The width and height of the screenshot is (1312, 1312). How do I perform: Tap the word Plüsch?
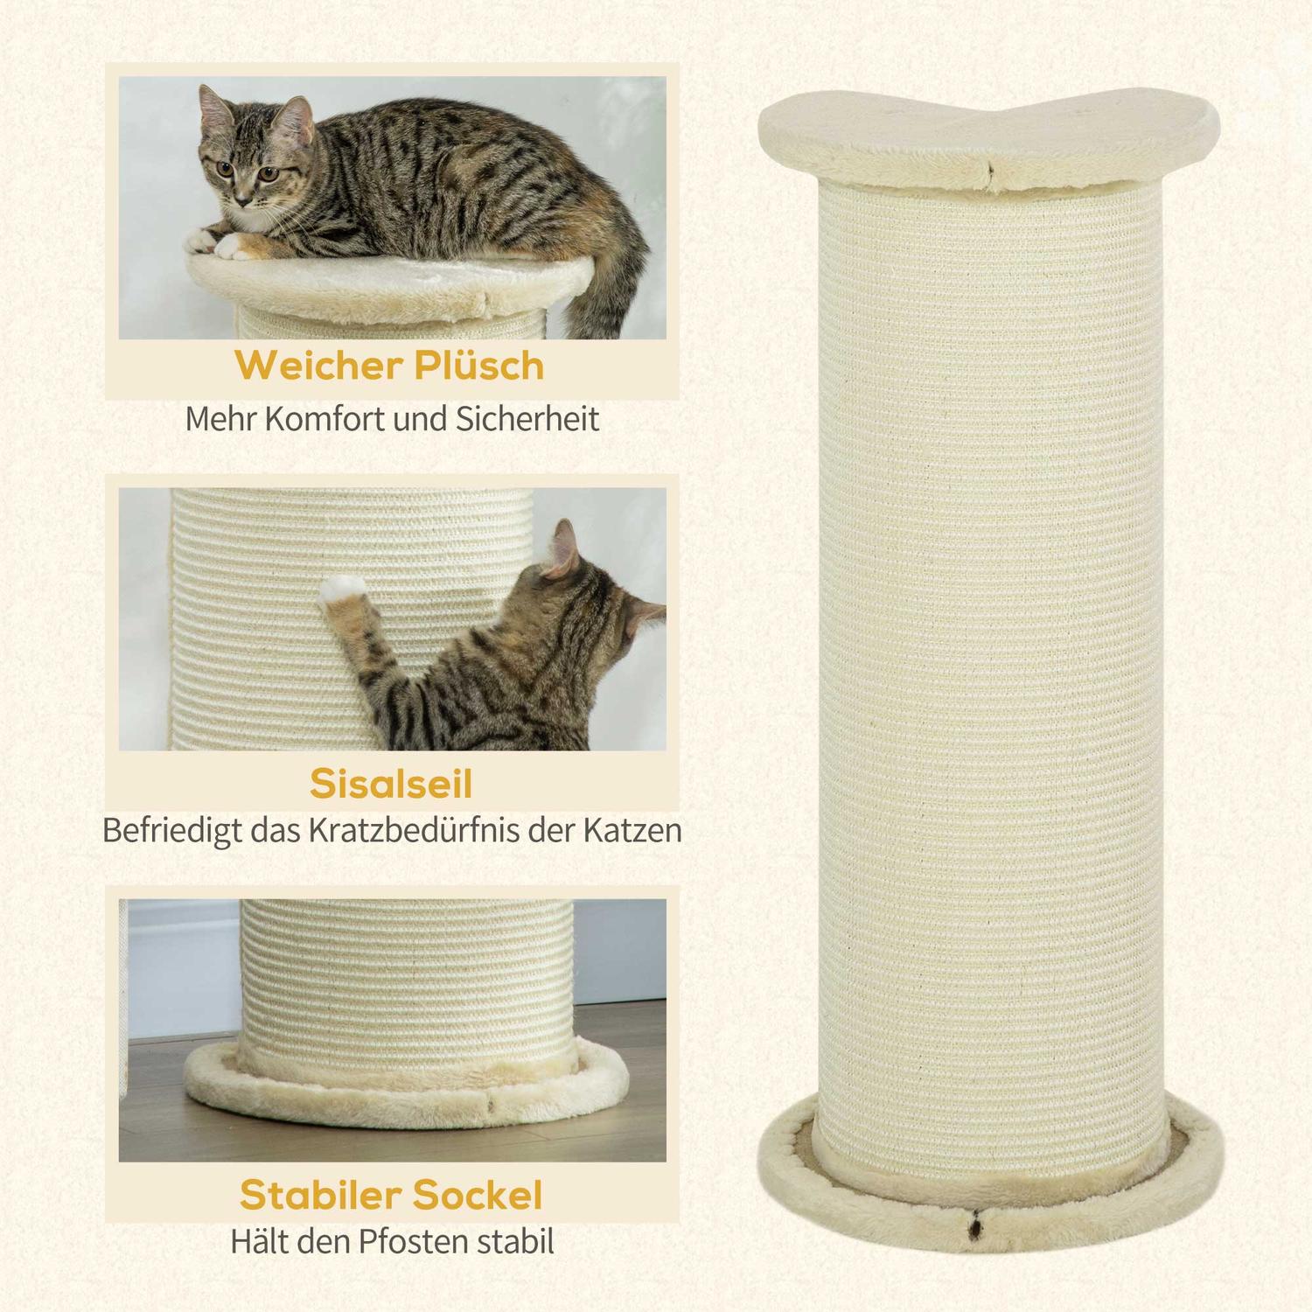point(479,366)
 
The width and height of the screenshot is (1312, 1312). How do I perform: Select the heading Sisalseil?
point(391,784)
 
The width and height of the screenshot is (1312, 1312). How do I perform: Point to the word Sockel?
point(486,1195)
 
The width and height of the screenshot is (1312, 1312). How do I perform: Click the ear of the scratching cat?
point(563,547)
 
